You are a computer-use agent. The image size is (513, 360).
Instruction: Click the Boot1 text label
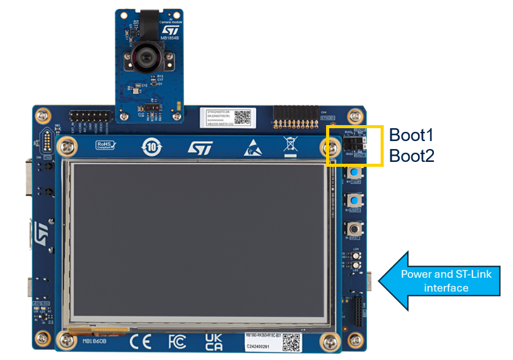pos(411,135)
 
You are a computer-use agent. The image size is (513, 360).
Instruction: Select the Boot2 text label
pos(412,156)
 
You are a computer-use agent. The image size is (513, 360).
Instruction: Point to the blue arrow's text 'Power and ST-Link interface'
pos(446,281)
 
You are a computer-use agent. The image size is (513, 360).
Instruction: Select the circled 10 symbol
pos(152,147)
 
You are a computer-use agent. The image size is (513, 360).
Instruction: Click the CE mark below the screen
pos(140,341)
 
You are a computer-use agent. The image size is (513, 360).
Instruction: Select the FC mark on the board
pos(177,341)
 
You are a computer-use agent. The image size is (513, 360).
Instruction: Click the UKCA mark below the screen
pos(214,342)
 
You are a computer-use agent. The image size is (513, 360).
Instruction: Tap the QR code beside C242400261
pos(292,342)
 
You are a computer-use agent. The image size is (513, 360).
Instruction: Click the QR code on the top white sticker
pos(243,117)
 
